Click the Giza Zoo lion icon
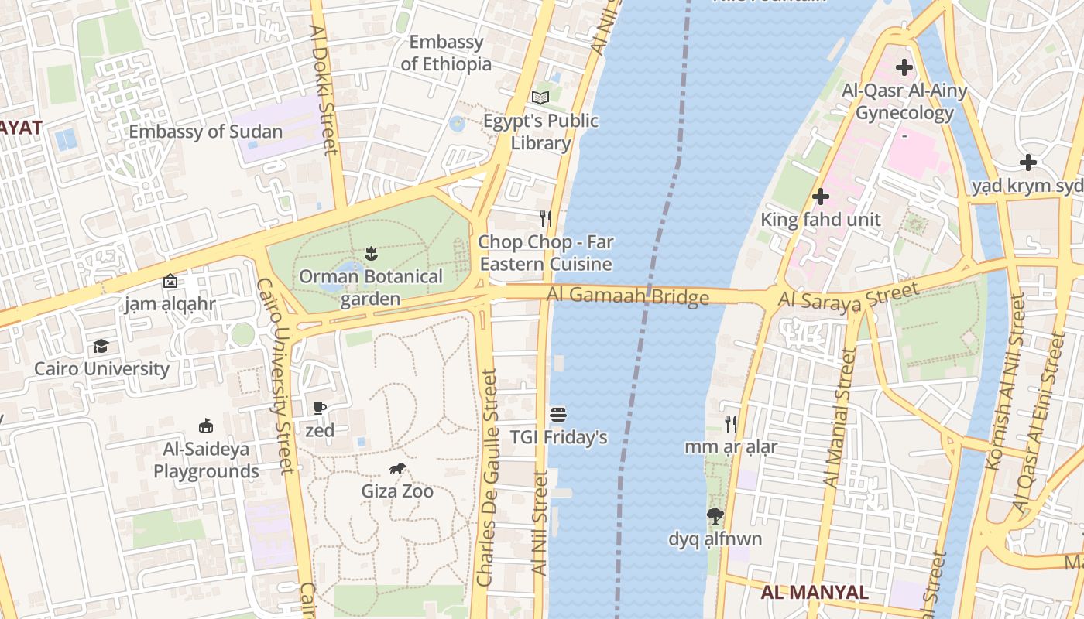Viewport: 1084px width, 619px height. click(x=397, y=468)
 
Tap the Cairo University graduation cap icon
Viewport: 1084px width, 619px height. click(x=101, y=346)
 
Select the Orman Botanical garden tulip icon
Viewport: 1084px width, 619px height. click(x=371, y=253)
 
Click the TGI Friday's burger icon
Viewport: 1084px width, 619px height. click(x=558, y=414)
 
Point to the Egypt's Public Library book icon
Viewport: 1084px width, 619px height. click(x=540, y=97)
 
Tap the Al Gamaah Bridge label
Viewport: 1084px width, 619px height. click(x=627, y=296)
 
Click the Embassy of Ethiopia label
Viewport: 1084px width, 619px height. click(x=446, y=53)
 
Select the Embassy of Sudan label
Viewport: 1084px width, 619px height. click(x=205, y=132)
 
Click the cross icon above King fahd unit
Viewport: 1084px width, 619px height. click(x=820, y=197)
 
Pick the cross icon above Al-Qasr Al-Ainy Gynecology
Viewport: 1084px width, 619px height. click(x=904, y=67)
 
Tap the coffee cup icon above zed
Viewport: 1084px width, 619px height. click(x=320, y=408)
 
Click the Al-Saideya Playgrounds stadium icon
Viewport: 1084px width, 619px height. click(x=206, y=426)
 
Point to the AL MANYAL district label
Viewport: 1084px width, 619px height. click(x=814, y=593)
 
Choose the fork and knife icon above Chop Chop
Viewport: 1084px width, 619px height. click(x=547, y=219)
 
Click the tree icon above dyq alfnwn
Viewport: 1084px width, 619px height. click(x=715, y=516)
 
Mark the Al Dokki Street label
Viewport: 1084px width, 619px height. click(x=324, y=89)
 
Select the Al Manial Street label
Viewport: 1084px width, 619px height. click(x=839, y=418)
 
